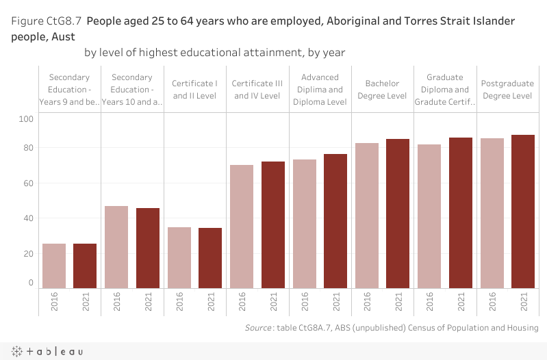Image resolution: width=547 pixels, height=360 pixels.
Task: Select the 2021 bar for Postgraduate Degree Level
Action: [523, 211]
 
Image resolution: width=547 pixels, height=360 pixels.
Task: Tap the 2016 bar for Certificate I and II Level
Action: [179, 257]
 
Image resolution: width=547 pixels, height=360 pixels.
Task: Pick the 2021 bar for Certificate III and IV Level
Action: [272, 224]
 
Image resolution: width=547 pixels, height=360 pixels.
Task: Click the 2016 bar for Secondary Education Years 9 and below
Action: [54, 266]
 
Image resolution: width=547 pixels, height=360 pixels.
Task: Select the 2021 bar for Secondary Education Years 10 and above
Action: [148, 248]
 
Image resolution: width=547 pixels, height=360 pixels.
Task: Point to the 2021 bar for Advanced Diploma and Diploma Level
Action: [335, 221]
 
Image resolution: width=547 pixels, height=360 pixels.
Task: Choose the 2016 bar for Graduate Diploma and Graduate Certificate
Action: [429, 216]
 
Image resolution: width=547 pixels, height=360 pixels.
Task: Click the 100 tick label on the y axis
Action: [26, 119]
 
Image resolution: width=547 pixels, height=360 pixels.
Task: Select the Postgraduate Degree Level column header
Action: [507, 90]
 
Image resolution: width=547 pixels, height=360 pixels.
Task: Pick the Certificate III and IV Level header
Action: [257, 90]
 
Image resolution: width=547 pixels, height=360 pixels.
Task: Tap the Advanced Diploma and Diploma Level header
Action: [320, 90]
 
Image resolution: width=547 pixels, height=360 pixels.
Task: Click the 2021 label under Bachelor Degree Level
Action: [398, 303]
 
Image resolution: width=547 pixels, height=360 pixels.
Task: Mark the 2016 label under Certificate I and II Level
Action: [179, 303]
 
